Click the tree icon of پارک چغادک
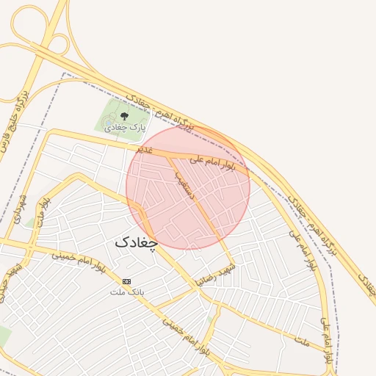click(x=123, y=115)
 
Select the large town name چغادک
click(x=137, y=242)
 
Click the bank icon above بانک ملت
click(x=127, y=281)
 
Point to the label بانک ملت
click(x=125, y=292)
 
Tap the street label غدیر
click(x=144, y=149)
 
